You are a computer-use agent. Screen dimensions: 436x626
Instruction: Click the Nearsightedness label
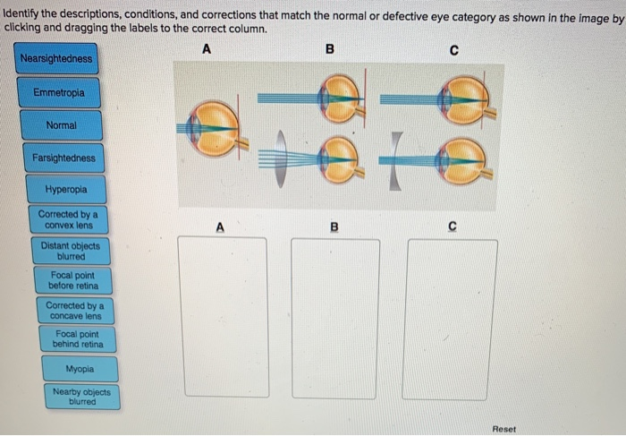coord(57,59)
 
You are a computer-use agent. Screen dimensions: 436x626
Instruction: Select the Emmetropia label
coord(61,93)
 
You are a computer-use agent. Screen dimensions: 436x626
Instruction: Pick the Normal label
coord(62,126)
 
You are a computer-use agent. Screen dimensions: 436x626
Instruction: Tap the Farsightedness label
coord(63,158)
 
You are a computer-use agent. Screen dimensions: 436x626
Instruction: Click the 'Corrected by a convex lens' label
coord(68,219)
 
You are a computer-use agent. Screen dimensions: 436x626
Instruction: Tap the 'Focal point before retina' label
coord(72,281)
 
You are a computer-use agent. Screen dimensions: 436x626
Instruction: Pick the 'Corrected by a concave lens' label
coord(74,311)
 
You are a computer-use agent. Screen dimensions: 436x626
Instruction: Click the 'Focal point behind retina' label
coord(79,339)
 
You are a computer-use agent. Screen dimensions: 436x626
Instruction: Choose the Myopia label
coord(79,369)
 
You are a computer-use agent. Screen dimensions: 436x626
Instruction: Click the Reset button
coord(503,429)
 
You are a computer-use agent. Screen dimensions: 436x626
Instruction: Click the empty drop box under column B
coord(334,318)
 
